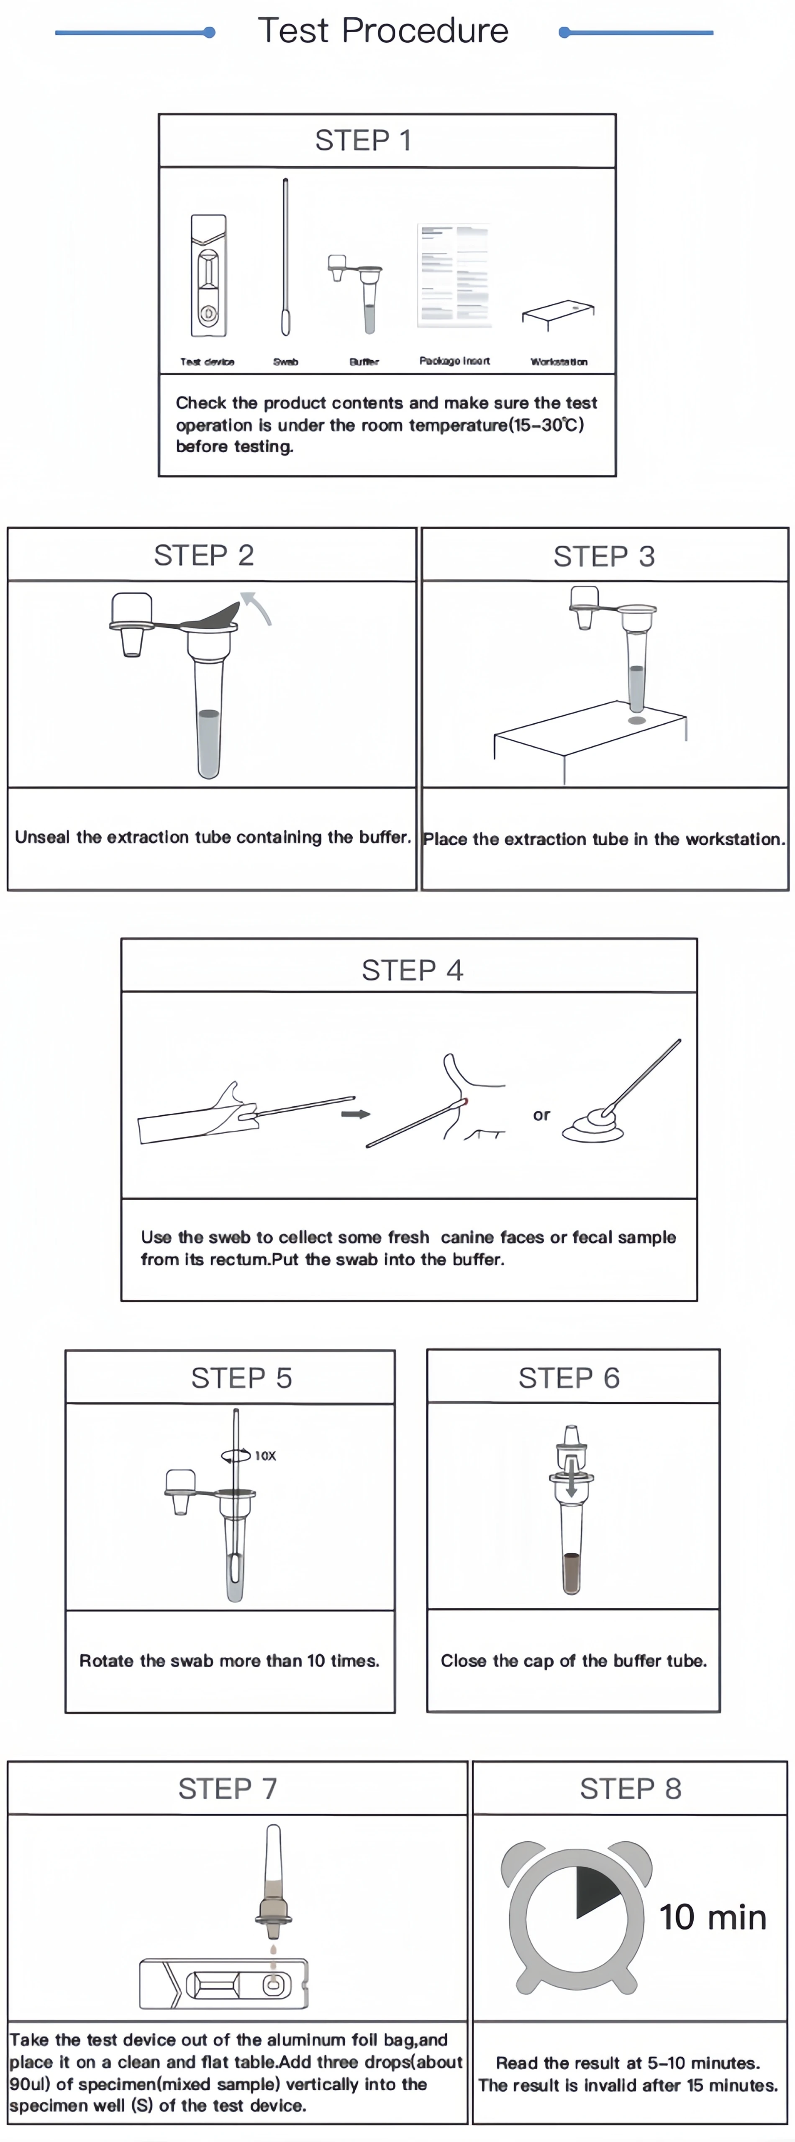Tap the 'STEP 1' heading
pos(363,141)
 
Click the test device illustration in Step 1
pos(208,276)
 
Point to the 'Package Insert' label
pos(454,361)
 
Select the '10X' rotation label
pos(265,1455)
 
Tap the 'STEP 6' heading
pos(569,1378)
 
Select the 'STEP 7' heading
pos(227,1788)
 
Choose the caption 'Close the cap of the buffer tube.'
pos(574,1660)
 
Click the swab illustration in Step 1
pos(285,258)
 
